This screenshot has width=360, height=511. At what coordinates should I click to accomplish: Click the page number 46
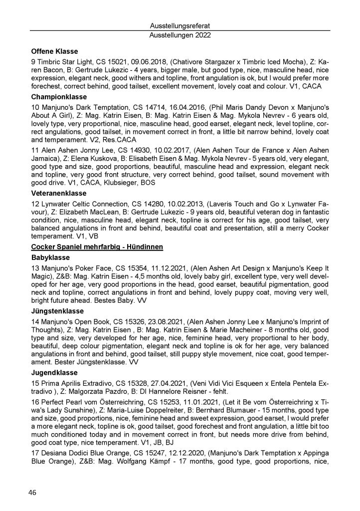point(32,493)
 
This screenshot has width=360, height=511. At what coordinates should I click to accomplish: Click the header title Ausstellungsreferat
point(180,25)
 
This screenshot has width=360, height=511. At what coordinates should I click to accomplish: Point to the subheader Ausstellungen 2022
point(180,35)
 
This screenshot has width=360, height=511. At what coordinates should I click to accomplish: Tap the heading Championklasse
point(59,96)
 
